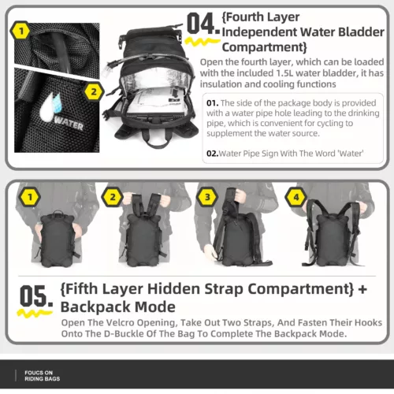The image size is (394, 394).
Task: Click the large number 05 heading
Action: coord(36,296)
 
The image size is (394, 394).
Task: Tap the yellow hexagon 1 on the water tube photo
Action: coord(21,32)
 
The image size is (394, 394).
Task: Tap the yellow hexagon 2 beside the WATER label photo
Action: coord(94,91)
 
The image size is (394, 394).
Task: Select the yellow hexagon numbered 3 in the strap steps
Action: coord(207,197)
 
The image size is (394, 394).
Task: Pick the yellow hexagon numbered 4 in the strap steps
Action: coord(296,197)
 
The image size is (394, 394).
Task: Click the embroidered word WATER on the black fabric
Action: coord(69,124)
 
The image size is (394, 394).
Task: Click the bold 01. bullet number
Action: coord(212,103)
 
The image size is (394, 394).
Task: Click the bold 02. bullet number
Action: coord(212,154)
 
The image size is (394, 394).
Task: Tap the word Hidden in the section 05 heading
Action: coord(173,289)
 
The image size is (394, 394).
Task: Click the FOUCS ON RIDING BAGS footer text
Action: coord(42,376)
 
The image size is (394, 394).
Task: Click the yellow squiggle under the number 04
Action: coord(203,42)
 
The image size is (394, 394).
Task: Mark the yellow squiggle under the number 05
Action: coord(35,314)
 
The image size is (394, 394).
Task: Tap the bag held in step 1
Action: coord(57,239)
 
